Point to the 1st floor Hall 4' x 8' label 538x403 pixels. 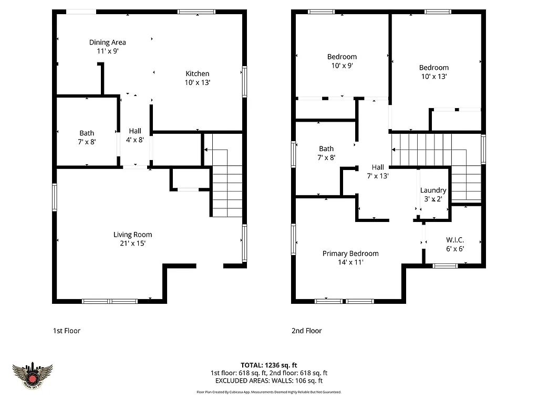[134, 135]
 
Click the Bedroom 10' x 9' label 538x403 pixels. [342, 61]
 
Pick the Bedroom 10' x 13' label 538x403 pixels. [433, 72]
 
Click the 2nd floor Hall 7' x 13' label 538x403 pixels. [377, 172]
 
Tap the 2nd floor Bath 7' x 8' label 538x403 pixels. [326, 153]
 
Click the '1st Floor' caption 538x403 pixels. [66, 331]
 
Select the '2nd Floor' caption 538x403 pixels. [306, 331]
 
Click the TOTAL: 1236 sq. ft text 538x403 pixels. [269, 365]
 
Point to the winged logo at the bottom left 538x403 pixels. [33, 375]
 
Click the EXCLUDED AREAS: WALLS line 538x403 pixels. [269, 380]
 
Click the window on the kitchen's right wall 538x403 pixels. [244, 81]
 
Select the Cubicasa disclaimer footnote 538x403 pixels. [269, 391]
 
